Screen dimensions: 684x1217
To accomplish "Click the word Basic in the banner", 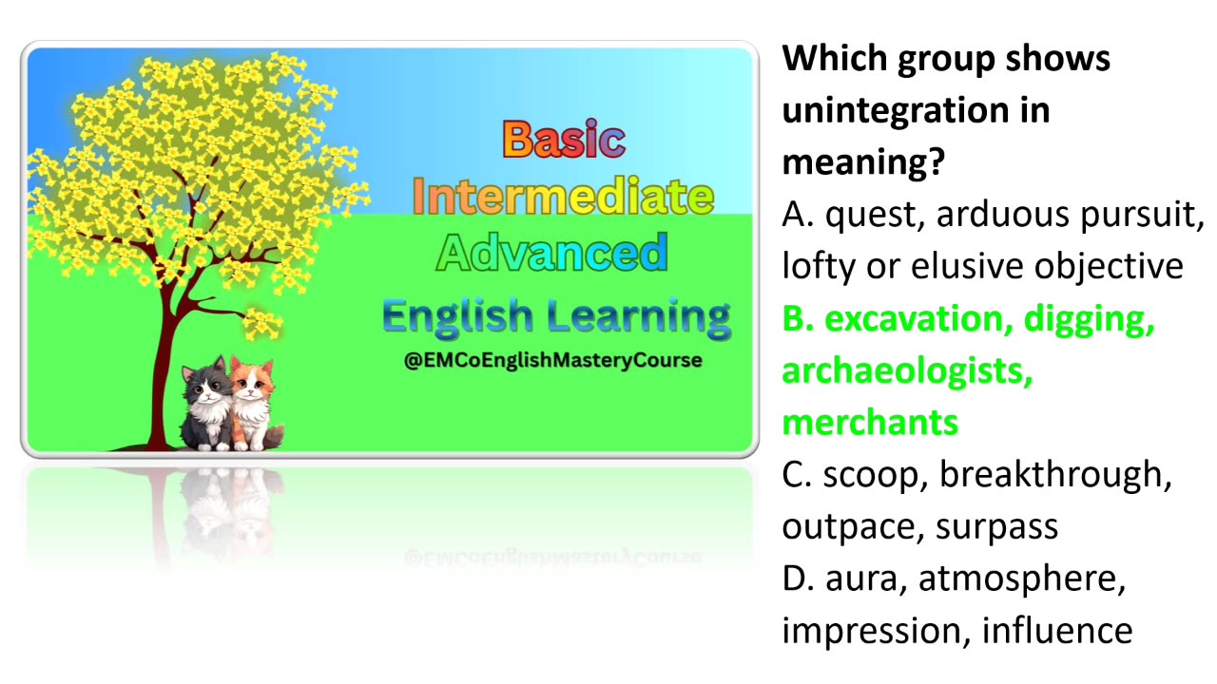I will pyautogui.click(x=564, y=140).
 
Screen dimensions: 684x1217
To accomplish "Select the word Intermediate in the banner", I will pyautogui.click(x=563, y=197).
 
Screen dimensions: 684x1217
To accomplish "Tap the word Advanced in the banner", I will pyautogui.click(x=552, y=253).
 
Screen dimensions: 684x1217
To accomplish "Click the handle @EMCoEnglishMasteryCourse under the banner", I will pyautogui.click(x=553, y=361).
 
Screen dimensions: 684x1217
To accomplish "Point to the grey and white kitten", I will pyautogui.click(x=207, y=399).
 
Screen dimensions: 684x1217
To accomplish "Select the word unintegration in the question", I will pyautogui.click(x=916, y=110).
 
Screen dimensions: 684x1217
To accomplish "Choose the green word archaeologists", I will pyautogui.click(x=907, y=371).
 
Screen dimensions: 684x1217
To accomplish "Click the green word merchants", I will pyautogui.click(x=870, y=423).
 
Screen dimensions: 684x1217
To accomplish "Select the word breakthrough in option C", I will pyautogui.click(x=1055, y=475).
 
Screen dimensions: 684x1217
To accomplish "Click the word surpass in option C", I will pyautogui.click(x=997, y=527).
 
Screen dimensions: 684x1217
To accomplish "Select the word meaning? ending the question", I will pyautogui.click(x=863, y=162).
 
